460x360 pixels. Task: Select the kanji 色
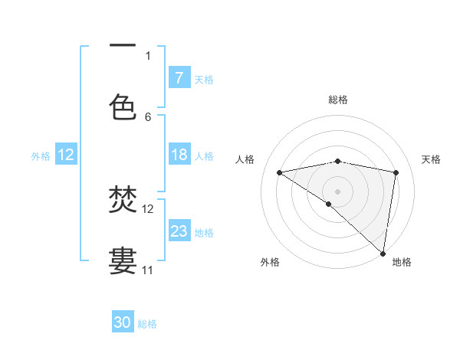[x=123, y=106]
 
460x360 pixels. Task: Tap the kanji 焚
[x=123, y=201]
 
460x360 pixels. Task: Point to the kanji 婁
[x=123, y=260]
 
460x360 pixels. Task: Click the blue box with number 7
[x=179, y=77]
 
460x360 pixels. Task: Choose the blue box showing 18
[x=179, y=155]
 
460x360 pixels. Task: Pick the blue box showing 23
[x=179, y=231]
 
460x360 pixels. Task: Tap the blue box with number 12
[x=66, y=155]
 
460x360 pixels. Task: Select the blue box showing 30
[x=123, y=322]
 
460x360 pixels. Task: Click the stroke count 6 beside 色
[x=148, y=117]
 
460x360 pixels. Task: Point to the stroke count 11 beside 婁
[x=148, y=270]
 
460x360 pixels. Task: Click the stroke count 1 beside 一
[x=148, y=55]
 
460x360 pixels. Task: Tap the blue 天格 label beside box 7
[x=204, y=79]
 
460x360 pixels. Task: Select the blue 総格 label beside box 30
[x=147, y=324]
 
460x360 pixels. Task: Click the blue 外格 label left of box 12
[x=41, y=156]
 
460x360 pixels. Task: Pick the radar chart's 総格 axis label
[x=338, y=100]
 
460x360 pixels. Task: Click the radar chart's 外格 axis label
[x=270, y=262]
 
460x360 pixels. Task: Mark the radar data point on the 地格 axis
[x=383, y=253]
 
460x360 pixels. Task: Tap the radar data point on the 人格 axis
[x=280, y=172]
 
